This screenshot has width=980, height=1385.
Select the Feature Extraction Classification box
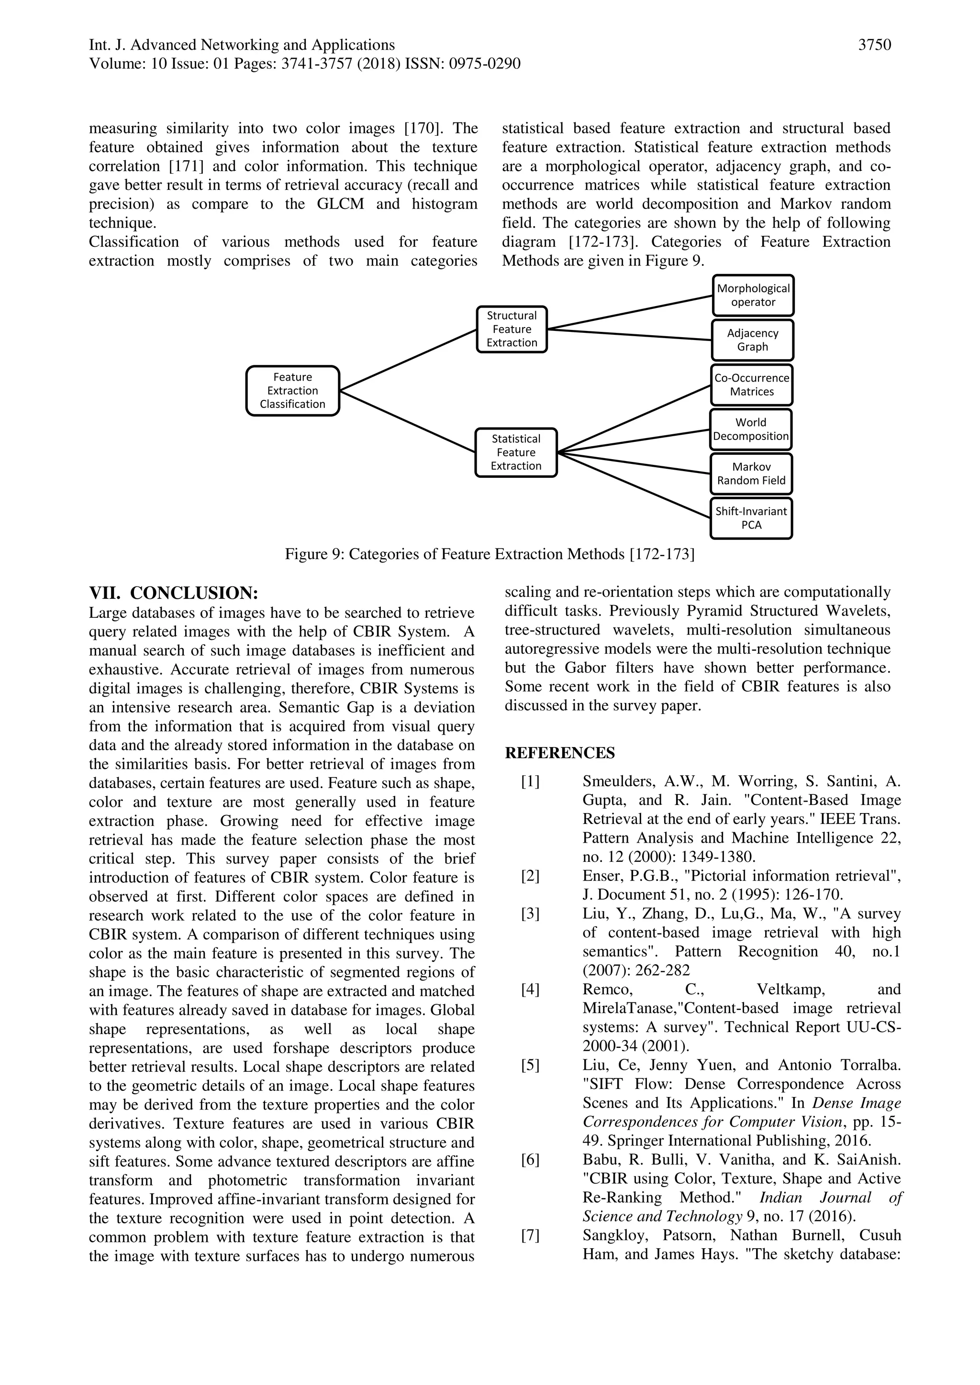coord(293,391)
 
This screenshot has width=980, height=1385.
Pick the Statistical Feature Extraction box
coord(516,452)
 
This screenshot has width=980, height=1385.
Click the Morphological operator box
coord(753,296)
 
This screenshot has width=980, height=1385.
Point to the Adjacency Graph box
coord(753,340)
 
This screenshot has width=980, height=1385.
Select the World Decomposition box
coord(751,429)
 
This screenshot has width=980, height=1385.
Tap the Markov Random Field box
coord(751,473)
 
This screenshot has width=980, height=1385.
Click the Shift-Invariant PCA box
coord(751,518)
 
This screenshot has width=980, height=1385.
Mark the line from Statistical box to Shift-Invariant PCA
coord(634,485)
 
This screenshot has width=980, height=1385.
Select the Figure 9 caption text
coord(490,554)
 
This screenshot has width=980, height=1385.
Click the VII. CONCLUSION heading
coord(174,593)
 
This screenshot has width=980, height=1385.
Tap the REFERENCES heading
coord(559,753)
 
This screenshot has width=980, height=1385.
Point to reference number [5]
coord(530,1065)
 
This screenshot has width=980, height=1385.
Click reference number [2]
coord(530,876)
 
